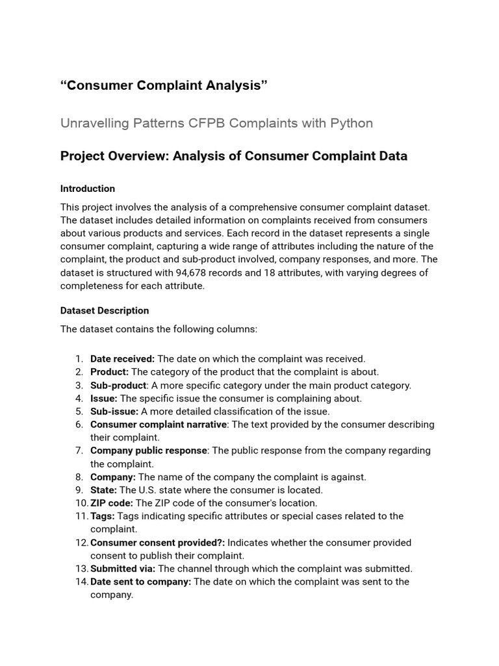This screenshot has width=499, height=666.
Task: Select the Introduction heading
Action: [88, 189]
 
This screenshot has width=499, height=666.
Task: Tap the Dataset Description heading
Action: [105, 311]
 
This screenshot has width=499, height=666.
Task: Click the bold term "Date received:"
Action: [122, 359]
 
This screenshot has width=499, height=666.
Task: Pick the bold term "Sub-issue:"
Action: [114, 411]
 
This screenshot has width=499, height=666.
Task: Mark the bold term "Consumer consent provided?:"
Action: [157, 542]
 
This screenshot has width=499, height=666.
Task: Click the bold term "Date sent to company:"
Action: [140, 581]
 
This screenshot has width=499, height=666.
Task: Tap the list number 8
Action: [78, 477]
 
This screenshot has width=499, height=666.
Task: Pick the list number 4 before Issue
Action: [78, 398]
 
